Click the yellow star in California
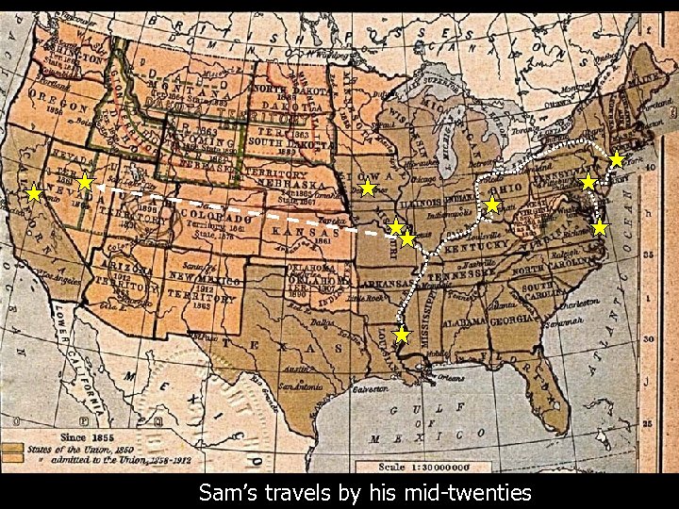(x=34, y=193)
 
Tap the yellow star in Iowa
(x=368, y=189)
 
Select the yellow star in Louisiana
(x=403, y=335)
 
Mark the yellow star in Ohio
(x=492, y=205)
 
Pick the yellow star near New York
(x=617, y=159)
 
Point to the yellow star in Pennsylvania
(x=588, y=181)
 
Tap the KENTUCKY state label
(x=472, y=247)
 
